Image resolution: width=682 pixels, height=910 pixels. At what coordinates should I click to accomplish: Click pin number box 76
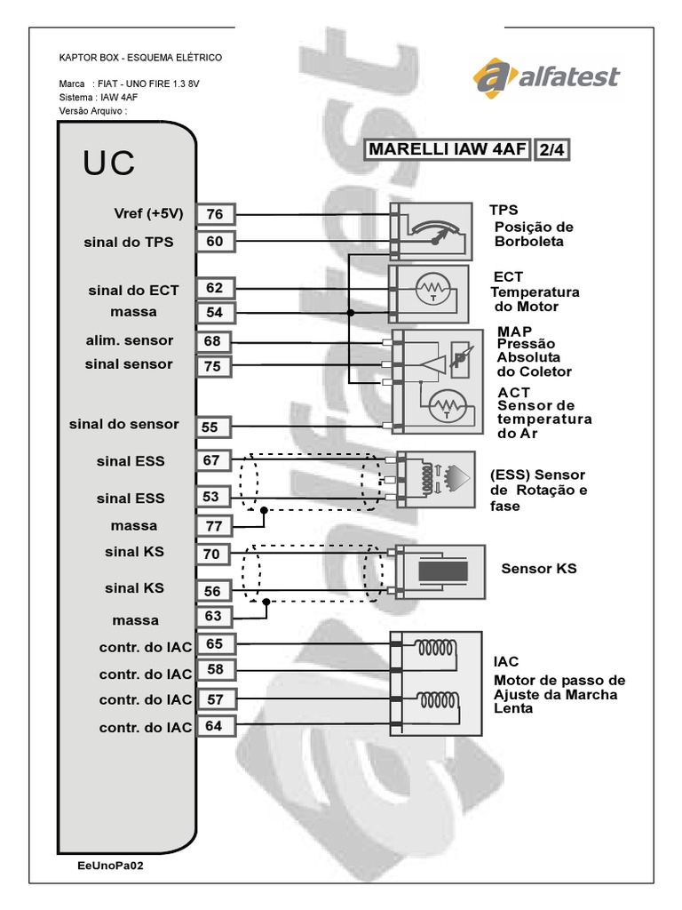pos(215,214)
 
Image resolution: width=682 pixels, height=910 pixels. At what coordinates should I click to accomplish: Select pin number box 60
pos(215,242)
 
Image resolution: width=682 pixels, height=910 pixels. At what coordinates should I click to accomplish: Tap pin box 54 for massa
pos(215,313)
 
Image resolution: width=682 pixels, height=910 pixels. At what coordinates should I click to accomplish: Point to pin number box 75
pos(215,365)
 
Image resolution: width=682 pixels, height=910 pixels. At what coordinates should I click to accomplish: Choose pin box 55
pos(210,427)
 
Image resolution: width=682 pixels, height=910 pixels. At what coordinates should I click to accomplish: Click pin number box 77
pos(214,525)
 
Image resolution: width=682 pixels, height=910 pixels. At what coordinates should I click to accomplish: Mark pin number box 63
pos(214,617)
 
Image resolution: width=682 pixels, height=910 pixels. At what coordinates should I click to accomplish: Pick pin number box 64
pos(214,726)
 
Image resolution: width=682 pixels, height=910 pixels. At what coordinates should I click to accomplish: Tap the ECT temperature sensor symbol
pos(433,290)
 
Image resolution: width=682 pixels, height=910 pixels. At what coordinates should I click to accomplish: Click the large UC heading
pos(110,164)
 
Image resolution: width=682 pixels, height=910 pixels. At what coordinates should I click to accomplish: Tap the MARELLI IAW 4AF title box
pos(448,149)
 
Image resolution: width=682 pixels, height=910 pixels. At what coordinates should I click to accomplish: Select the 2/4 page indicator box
pos(551,150)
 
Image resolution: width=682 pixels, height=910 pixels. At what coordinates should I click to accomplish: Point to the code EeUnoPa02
pos(111,864)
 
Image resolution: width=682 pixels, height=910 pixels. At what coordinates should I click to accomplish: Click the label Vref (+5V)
pos(148,213)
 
